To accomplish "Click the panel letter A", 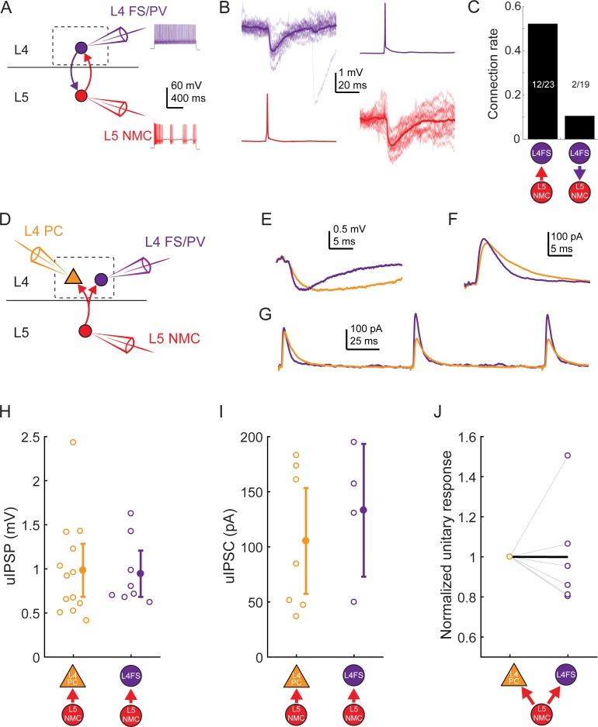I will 8,9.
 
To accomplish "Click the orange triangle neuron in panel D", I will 72,276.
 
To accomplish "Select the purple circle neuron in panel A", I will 82,48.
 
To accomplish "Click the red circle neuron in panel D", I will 85,331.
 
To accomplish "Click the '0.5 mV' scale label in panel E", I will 341,229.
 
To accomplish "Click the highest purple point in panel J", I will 568,455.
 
